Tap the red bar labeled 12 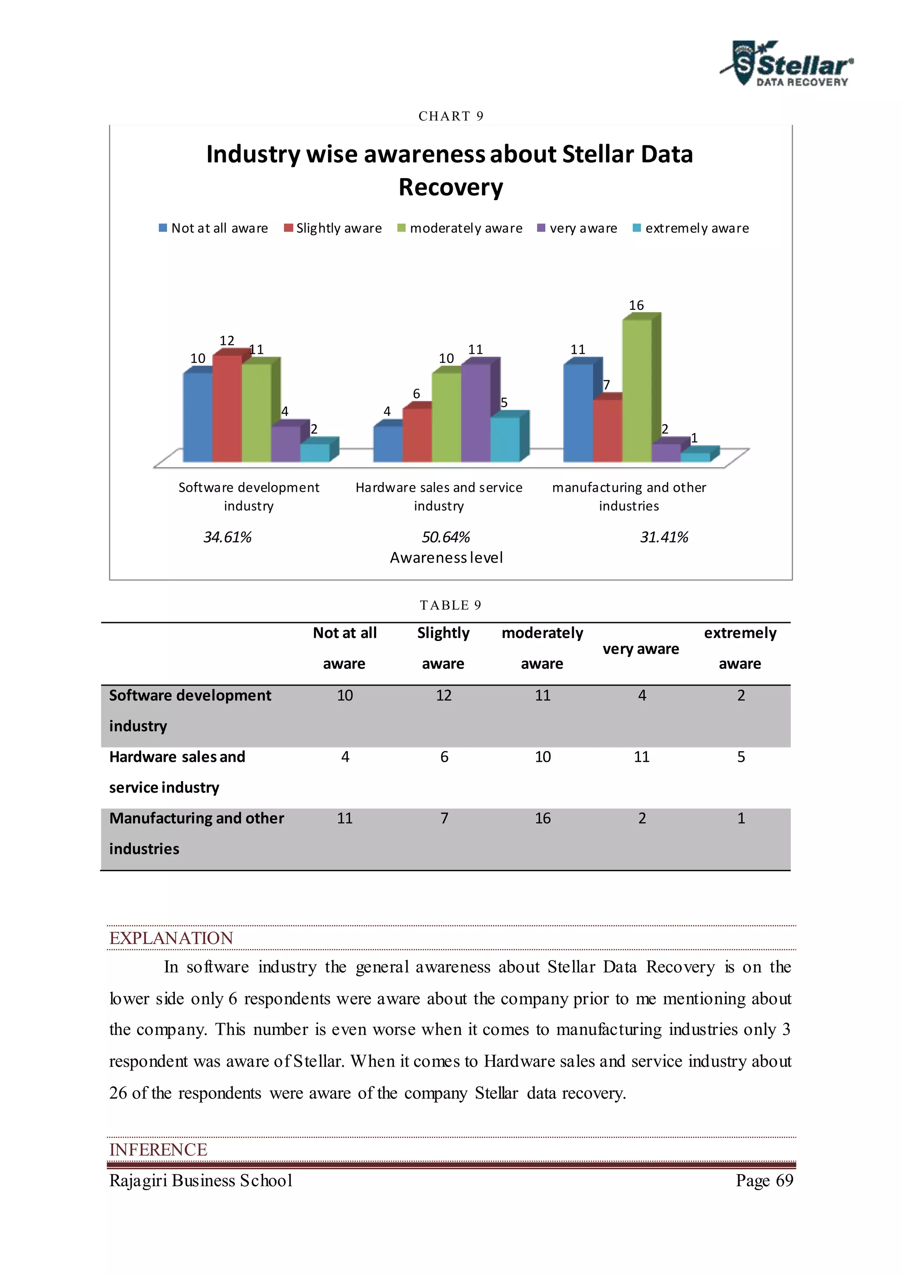[x=227, y=408]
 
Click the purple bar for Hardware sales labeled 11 [x=475, y=412]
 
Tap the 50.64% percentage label [x=445, y=538]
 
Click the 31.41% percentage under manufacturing [x=664, y=538]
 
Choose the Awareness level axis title [x=446, y=557]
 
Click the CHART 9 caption [x=451, y=116]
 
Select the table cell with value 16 [x=543, y=818]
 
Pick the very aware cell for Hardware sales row [x=642, y=757]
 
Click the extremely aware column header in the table [x=740, y=648]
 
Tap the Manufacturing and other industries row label [x=196, y=833]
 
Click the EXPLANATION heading [x=171, y=938]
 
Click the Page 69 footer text [x=764, y=1180]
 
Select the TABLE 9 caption [x=451, y=605]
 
